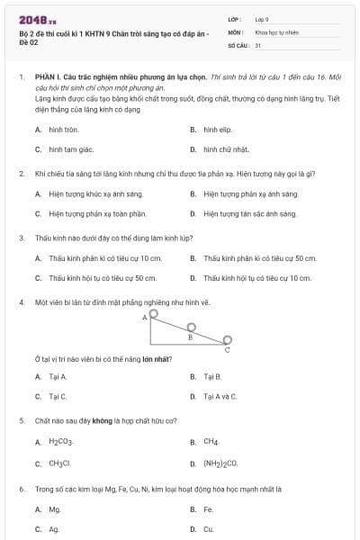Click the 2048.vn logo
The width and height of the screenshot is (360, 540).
pos(38,19)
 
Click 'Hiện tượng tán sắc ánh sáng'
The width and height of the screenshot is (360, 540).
pos(249,214)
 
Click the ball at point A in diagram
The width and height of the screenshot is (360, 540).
pos(154,314)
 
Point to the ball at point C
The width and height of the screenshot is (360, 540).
pos(229,340)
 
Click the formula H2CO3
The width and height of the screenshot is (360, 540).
pos(60,442)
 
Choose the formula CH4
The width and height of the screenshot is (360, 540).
pos(211,442)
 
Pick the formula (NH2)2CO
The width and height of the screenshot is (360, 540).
pos(220,463)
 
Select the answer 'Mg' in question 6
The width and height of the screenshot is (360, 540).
pos(54,509)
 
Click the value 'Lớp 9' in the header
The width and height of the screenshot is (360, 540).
pos(262,18)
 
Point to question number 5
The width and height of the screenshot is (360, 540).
pos(21,420)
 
